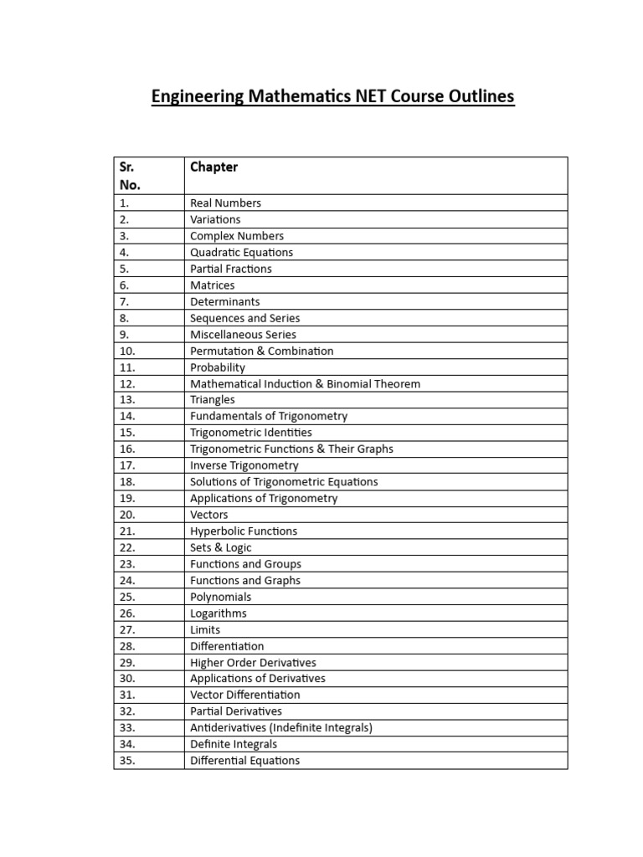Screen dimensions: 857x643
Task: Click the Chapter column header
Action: click(213, 167)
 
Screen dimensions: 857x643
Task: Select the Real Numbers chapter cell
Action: click(225, 203)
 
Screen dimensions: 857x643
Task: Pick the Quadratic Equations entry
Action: click(241, 253)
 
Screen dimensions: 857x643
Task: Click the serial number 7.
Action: click(124, 302)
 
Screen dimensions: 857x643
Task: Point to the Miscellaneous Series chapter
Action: click(243, 335)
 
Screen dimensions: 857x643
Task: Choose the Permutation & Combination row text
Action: click(261, 352)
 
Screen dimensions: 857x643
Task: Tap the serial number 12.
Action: click(127, 384)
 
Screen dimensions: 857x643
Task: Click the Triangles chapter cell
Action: click(213, 400)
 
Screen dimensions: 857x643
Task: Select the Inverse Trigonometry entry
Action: click(244, 466)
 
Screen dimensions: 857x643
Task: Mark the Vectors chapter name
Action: click(208, 515)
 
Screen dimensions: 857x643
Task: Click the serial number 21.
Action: click(127, 531)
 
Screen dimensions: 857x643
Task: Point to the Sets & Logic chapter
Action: click(222, 547)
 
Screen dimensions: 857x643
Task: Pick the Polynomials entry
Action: click(220, 597)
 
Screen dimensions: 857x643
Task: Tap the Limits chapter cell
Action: click(205, 629)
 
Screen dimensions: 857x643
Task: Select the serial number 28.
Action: click(127, 646)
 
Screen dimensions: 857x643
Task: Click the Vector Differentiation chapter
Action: click(244, 695)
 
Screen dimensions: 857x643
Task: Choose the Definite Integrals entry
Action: click(233, 744)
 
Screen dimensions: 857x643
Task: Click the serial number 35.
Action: click(127, 761)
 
